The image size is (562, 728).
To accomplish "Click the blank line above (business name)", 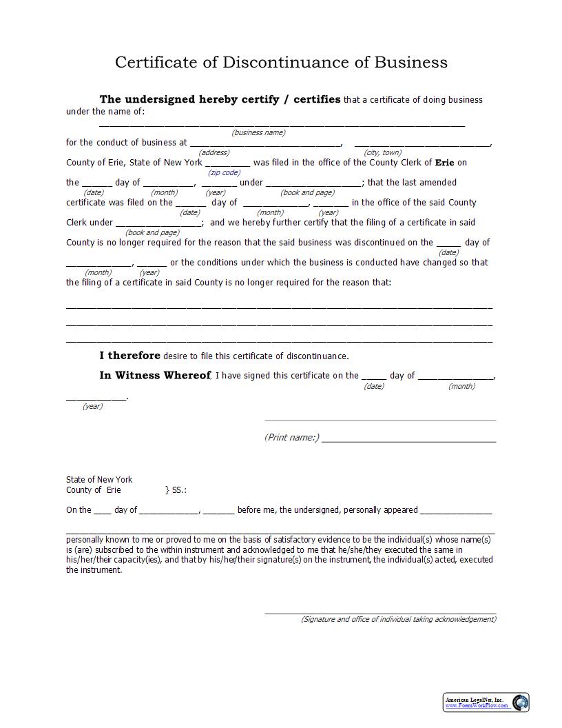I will (282, 125).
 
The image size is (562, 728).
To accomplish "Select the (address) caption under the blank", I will (214, 152).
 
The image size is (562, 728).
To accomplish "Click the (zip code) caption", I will (224, 172).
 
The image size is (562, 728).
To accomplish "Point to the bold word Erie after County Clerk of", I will (445, 163).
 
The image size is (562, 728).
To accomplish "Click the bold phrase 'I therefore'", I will (129, 356).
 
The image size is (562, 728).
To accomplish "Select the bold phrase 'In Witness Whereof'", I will (155, 376).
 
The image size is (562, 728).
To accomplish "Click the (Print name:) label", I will (291, 437).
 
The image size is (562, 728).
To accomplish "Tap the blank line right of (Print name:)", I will (408, 439).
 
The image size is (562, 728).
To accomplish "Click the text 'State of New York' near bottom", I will (99, 479).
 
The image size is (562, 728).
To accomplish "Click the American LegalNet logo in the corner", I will (486, 702).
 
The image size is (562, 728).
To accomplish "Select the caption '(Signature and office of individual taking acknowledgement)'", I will (398, 619).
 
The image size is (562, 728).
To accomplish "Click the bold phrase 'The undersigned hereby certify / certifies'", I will (220, 99).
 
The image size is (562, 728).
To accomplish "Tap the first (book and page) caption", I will (307, 192).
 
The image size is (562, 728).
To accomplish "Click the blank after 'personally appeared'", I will (456, 512).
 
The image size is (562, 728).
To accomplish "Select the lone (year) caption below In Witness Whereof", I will (92, 406).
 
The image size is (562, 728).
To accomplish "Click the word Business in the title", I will (410, 62).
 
